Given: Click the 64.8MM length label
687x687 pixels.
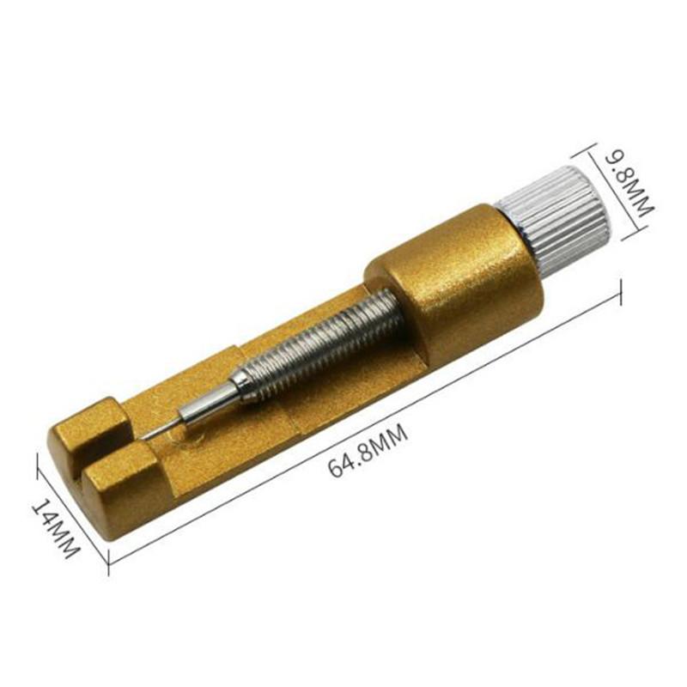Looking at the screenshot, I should tap(367, 450).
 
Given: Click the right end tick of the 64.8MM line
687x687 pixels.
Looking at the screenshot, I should tap(619, 294).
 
